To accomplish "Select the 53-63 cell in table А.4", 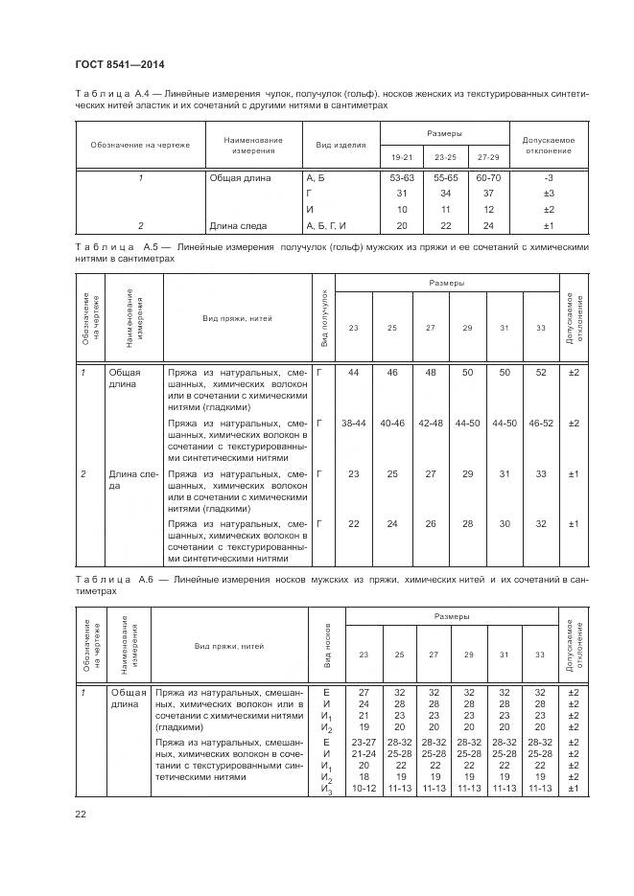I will pyautogui.click(x=401, y=177).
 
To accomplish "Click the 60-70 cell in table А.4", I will pyautogui.click(x=488, y=177).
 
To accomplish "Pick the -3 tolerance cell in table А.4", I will pyautogui.click(x=550, y=177).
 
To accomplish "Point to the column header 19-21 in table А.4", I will pyautogui.click(x=401, y=155).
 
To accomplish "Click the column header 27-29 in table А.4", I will pyautogui.click(x=488, y=155).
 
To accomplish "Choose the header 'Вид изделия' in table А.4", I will pyautogui.click(x=335, y=145).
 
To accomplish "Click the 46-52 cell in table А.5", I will pyautogui.click(x=542, y=423).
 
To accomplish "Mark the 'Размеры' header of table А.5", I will pyautogui.click(x=447, y=285).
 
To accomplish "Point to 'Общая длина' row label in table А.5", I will pyautogui.click(x=124, y=377).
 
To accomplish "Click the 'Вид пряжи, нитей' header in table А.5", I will pyautogui.click(x=239, y=318).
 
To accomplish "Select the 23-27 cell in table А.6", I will pyautogui.click(x=364, y=742).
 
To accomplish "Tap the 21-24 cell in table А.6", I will pyautogui.click(x=364, y=752).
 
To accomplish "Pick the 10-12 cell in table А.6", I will pyautogui.click(x=364, y=788).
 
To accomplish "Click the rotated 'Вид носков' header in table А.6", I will pyautogui.click(x=327, y=646).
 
